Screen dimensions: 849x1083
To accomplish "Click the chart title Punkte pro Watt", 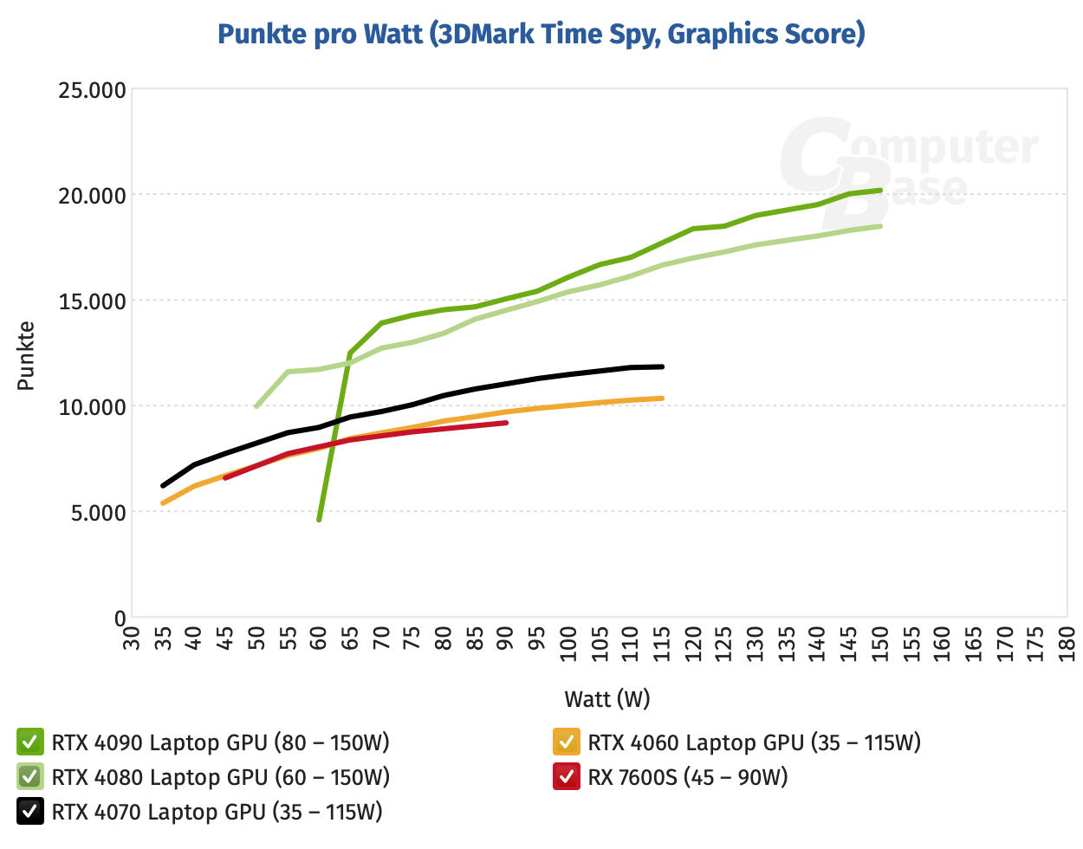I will (541, 34).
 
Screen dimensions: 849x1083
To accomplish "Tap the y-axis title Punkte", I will (26, 355).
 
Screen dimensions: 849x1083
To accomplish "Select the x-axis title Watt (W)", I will (606, 698).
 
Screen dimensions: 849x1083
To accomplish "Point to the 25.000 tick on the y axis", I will (93, 90).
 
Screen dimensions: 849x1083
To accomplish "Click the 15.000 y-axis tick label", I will (93, 301).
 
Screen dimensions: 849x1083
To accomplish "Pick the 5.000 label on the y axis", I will (97, 513).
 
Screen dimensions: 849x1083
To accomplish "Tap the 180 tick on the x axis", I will (1067, 644).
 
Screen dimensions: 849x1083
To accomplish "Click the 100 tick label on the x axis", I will (567, 644).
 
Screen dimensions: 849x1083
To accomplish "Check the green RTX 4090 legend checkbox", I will (29, 742).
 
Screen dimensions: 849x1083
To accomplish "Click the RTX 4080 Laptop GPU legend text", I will (220, 777).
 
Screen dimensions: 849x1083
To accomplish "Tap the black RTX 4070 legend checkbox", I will (29, 812).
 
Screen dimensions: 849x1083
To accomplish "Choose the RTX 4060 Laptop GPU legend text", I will (754, 742).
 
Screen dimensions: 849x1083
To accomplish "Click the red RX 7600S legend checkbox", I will (566, 777).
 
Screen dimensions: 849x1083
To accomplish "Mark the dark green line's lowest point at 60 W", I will (319, 520).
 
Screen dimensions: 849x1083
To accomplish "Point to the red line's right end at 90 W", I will (506, 423).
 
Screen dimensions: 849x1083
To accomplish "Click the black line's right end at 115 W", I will (662, 366).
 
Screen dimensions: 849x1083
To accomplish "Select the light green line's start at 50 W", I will (256, 406).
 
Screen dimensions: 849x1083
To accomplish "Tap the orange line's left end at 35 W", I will (163, 503).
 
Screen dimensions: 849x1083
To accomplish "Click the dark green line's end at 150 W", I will (880, 190).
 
